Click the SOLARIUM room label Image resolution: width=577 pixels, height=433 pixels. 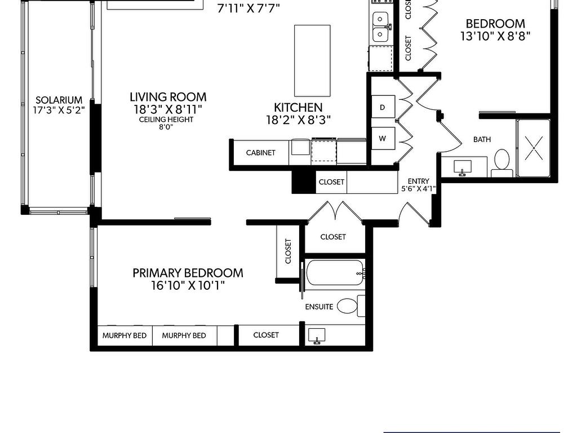coord(59,100)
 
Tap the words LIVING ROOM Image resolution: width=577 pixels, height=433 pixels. coord(168,97)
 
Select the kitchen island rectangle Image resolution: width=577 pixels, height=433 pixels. coord(312,60)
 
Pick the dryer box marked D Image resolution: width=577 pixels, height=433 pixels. coord(383,107)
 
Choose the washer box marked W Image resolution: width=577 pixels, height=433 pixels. coord(383,138)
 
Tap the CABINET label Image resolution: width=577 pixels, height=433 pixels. coord(261,153)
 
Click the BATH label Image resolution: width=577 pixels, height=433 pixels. coord(482,139)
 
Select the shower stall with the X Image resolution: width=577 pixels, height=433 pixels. coord(533,148)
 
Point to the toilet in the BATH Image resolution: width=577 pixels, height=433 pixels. coord(501,161)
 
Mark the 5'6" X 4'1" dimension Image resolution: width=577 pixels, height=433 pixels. coord(418,189)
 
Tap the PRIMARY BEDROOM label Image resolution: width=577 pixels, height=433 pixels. coord(188,273)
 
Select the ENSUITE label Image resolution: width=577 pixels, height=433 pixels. coord(319,307)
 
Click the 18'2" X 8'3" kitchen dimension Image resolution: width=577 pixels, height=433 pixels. coord(298,120)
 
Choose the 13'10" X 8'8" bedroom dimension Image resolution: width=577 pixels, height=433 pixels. coord(495,36)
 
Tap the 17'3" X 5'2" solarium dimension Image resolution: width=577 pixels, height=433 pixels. coord(59,111)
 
